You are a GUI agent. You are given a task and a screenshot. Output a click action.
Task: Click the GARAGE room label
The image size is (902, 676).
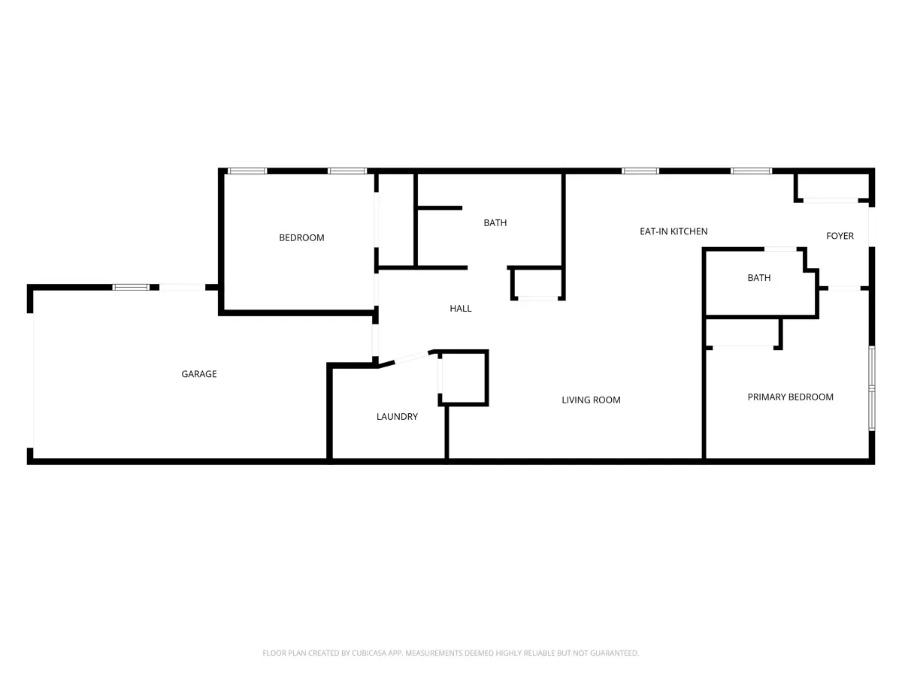(199, 374)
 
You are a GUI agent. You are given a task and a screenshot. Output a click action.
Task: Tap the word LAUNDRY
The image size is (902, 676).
(397, 417)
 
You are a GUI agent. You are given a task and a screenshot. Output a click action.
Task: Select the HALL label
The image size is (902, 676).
(460, 308)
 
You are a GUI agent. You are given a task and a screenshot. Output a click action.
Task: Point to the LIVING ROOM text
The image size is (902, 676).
(591, 400)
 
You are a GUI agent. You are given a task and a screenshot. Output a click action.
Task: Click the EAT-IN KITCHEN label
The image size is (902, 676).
(673, 231)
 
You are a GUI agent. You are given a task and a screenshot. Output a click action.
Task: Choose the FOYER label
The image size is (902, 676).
(840, 236)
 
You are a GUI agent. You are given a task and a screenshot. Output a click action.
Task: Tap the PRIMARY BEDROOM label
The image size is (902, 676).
(790, 397)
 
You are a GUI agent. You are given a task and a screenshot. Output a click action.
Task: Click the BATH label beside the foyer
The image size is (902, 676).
(759, 278)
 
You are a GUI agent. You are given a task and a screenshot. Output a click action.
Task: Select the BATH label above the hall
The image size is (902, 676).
(495, 223)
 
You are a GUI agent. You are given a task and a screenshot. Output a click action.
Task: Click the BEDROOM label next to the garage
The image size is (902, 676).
(301, 237)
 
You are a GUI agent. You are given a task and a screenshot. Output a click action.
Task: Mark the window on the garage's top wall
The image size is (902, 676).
(131, 288)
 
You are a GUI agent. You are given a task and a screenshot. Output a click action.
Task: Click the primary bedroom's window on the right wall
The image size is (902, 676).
(872, 388)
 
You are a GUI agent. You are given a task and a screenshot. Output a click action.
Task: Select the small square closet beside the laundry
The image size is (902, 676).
(463, 378)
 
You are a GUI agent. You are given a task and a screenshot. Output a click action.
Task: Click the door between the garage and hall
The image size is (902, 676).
(375, 340)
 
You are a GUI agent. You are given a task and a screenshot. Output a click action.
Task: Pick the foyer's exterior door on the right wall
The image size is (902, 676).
(872, 227)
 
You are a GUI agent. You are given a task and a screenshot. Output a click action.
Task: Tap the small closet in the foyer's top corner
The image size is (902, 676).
(831, 187)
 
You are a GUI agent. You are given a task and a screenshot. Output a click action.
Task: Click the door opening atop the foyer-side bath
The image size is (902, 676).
(780, 249)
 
